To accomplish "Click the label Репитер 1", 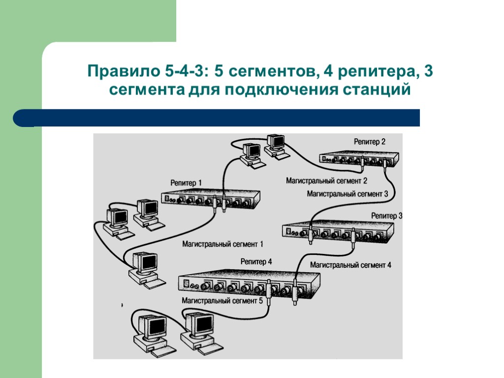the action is (x=186, y=183).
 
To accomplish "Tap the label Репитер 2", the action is (x=370, y=142).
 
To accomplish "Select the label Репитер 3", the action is (x=386, y=216).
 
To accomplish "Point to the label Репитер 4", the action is (x=256, y=261).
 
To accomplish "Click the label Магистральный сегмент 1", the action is (x=223, y=244).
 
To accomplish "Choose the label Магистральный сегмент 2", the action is (x=327, y=181).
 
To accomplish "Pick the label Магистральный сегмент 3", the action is (x=347, y=194).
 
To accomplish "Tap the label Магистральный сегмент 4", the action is (x=350, y=265).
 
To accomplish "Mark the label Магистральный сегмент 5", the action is (x=222, y=300).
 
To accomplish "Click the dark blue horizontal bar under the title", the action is (x=217, y=118).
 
